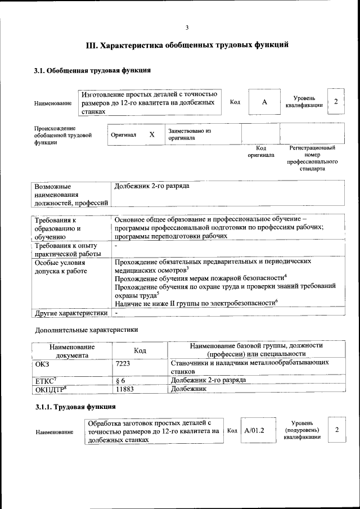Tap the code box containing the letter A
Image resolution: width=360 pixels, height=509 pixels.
pyautogui.click(x=264, y=102)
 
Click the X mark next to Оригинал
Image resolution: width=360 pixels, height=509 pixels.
pyautogui.click(x=151, y=135)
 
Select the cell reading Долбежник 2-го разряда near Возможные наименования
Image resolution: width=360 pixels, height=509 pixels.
pyautogui.click(x=152, y=185)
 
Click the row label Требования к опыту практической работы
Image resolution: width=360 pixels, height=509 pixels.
pyautogui.click(x=66, y=250)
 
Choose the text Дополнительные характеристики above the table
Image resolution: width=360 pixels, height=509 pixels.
pyautogui.click(x=86, y=329)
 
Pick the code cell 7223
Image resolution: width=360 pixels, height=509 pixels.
pyautogui.click(x=123, y=364)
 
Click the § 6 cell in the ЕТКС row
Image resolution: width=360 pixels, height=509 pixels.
pyautogui.click(x=119, y=380)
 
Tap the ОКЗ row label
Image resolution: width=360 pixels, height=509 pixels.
pyautogui.click(x=43, y=364)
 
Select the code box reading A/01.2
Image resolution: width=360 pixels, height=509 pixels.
pyautogui.click(x=254, y=430)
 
